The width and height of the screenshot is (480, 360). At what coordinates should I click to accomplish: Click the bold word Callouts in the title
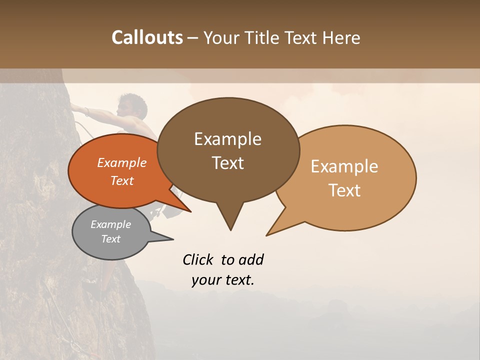[147, 37]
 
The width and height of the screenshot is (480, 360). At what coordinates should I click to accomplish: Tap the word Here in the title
[340, 37]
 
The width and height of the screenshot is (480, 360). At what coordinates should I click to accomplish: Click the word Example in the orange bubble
[122, 162]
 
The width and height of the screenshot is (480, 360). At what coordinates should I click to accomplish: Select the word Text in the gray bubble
[111, 239]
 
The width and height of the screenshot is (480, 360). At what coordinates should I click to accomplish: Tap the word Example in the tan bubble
[344, 166]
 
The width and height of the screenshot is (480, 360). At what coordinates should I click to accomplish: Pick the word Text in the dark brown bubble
[228, 163]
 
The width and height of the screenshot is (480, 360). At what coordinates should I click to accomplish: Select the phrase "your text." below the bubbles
[222, 280]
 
